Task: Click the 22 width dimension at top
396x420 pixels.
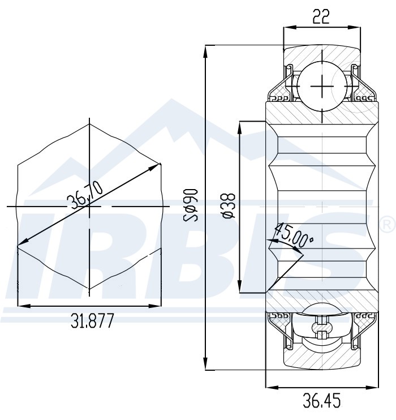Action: click(x=321, y=17)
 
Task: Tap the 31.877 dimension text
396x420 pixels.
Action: click(x=92, y=321)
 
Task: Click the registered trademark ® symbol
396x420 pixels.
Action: click(x=388, y=224)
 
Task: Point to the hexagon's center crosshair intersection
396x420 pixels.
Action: click(x=89, y=207)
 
